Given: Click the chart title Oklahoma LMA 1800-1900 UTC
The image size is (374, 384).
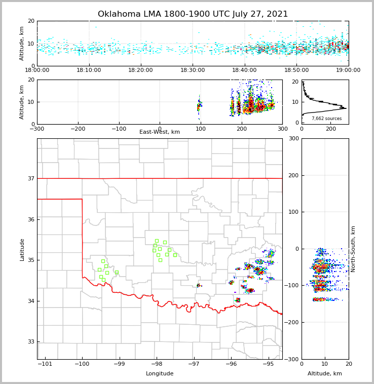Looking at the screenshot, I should [x=193, y=14].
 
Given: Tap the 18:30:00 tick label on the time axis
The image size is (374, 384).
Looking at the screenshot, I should [x=193, y=70].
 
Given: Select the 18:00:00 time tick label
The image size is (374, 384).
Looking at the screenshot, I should [x=37, y=70].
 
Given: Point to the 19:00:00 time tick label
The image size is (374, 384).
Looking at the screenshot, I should [x=348, y=70].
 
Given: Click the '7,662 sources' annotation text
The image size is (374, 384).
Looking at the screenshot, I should [x=326, y=119].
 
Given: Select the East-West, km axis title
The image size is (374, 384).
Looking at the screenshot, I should [x=160, y=132].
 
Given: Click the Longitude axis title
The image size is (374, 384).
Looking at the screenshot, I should [x=160, y=374].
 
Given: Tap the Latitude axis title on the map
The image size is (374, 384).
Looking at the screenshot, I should [x=22, y=249].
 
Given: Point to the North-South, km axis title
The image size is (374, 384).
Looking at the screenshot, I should [x=353, y=249].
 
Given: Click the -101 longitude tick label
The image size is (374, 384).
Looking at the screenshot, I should [x=45, y=364].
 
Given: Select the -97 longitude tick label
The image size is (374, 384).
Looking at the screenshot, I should [x=194, y=364].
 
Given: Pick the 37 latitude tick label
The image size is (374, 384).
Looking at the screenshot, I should [x=30, y=178].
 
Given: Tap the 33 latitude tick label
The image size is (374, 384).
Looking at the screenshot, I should [x=30, y=341].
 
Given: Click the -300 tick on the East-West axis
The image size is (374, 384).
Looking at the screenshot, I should [x=37, y=129].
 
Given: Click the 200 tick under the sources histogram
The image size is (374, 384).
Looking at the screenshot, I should [x=331, y=129].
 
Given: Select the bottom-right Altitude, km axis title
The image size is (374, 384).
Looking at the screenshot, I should [x=325, y=374].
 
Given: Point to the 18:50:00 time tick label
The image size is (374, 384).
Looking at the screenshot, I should [x=296, y=70].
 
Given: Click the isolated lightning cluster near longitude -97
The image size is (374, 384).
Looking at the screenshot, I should [x=199, y=286].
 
